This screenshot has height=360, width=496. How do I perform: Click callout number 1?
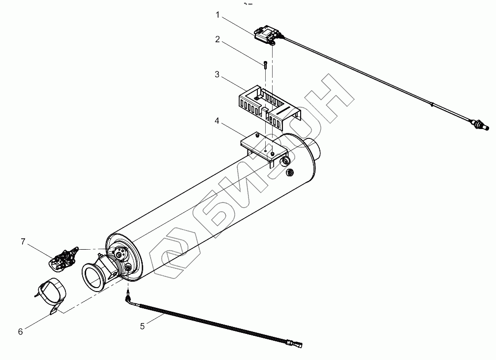pyautogui.click(x=217, y=15)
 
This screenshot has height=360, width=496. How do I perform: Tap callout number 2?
pyautogui.click(x=217, y=39)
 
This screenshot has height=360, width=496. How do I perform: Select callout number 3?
pyautogui.click(x=217, y=75)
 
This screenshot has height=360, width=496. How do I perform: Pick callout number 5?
pyautogui.click(x=143, y=325)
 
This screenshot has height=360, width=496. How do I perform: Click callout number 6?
pyautogui.click(x=20, y=331)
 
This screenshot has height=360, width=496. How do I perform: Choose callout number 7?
pyautogui.click(x=23, y=241)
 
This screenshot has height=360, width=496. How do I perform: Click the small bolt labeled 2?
pyautogui.click(x=265, y=64)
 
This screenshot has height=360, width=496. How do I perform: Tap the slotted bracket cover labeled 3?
pyautogui.click(x=266, y=104)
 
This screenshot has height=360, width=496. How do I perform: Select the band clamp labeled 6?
pyautogui.click(x=50, y=294)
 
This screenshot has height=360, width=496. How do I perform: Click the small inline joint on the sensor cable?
pyautogui.click(x=432, y=104)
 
